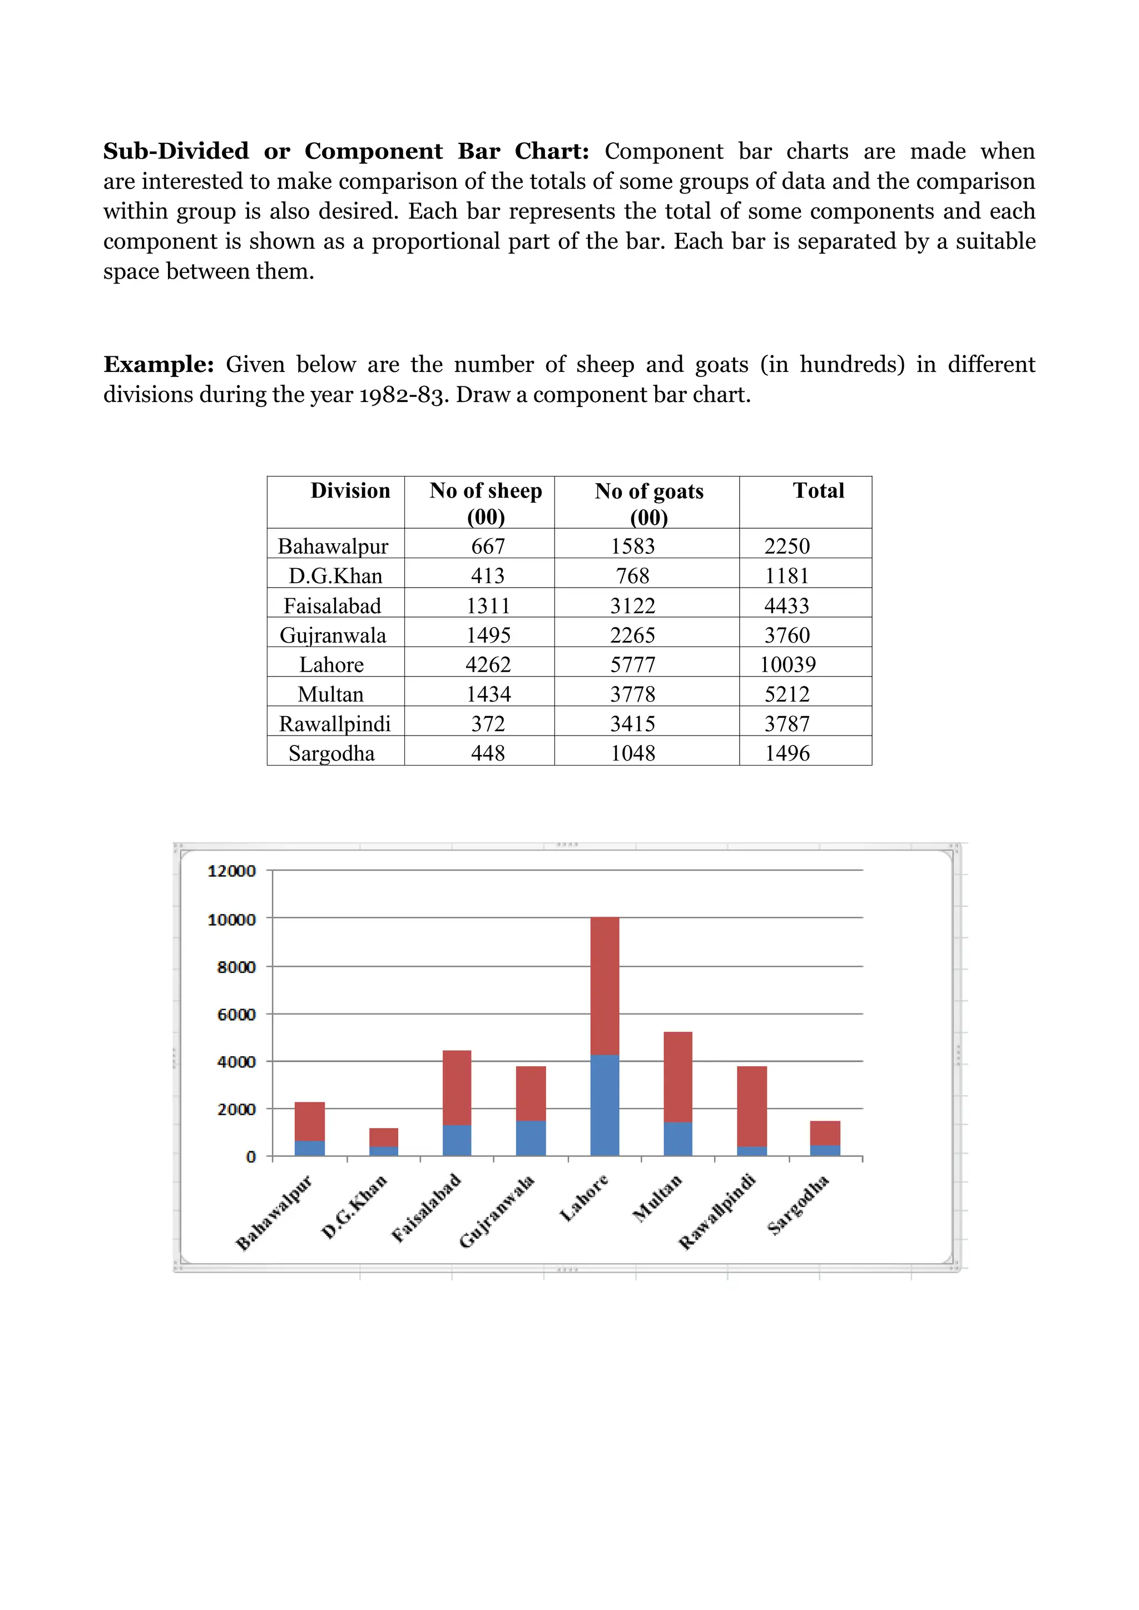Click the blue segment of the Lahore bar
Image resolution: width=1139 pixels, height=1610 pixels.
tap(605, 1106)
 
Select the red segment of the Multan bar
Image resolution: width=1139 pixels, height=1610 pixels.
tap(677, 1077)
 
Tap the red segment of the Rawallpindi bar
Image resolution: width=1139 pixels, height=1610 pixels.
tap(751, 1106)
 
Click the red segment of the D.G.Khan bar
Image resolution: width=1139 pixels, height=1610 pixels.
tap(384, 1137)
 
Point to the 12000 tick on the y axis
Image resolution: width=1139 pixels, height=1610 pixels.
tap(231, 871)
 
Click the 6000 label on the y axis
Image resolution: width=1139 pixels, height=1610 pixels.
tap(236, 1015)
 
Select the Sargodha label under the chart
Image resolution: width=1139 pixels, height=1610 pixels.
tap(799, 1204)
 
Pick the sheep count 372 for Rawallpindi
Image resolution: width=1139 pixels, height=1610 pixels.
tap(488, 724)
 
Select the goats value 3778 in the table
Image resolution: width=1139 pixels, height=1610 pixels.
tap(632, 694)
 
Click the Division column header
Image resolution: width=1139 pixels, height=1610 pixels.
tap(350, 491)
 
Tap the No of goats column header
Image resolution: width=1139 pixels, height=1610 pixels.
tap(649, 491)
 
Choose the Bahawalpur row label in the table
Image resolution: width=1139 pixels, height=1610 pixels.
tap(333, 546)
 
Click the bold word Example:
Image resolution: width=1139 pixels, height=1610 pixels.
tap(159, 365)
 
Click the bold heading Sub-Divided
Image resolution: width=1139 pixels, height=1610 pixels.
tap(176, 151)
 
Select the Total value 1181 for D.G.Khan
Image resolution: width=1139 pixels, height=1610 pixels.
tap(787, 576)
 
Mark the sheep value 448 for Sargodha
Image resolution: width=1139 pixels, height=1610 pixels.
tap(488, 753)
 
